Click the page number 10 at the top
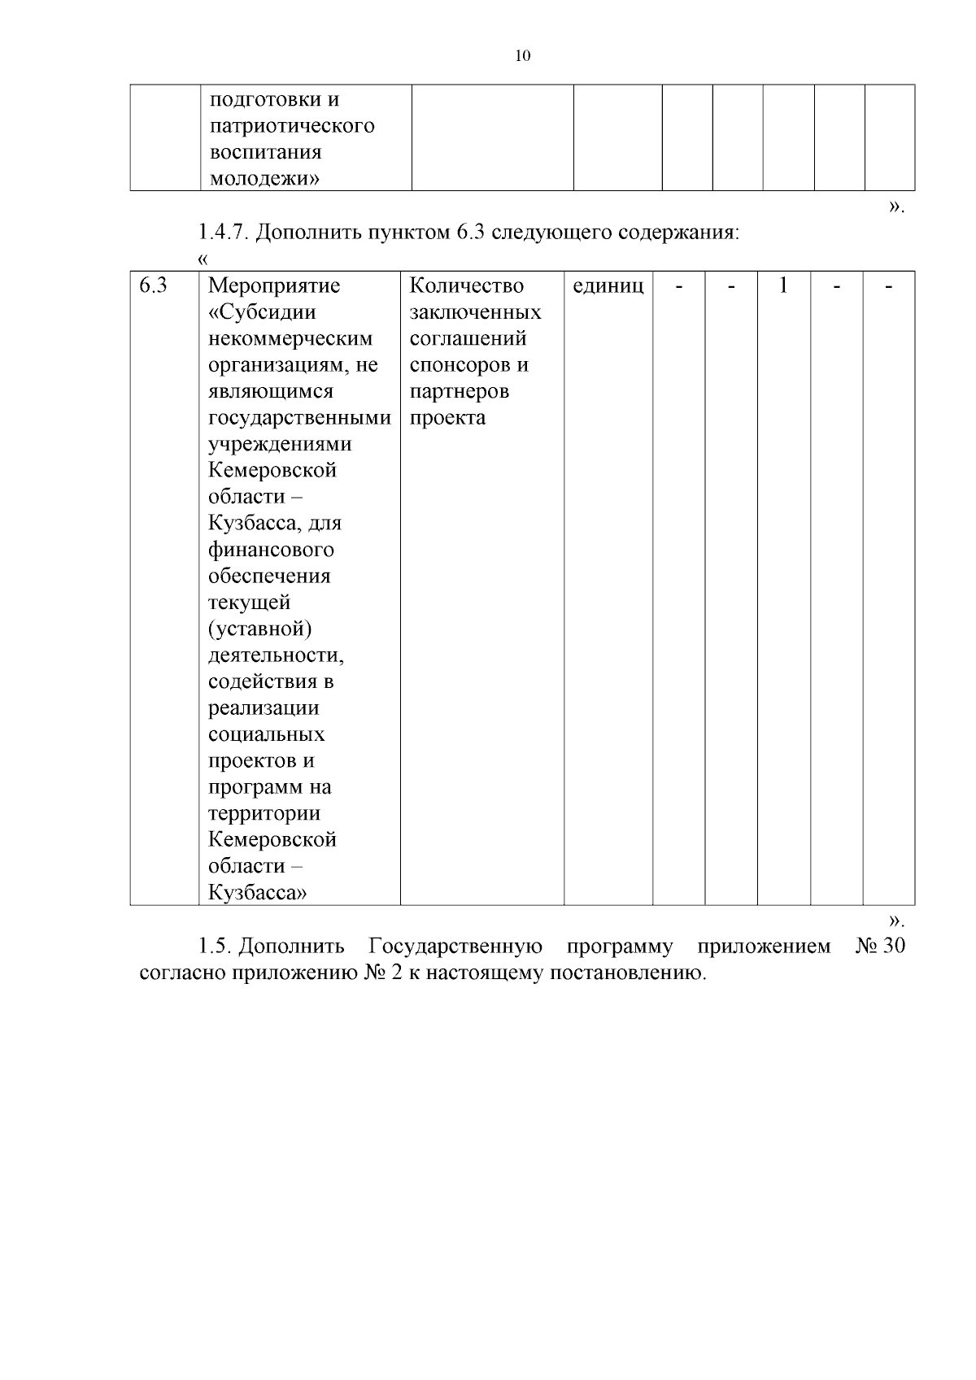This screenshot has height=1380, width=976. [x=523, y=56]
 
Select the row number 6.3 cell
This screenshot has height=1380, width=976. [x=153, y=285]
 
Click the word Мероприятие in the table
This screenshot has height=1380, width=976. [x=274, y=285]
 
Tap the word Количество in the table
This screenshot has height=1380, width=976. [x=466, y=285]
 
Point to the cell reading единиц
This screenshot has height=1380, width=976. [x=608, y=285]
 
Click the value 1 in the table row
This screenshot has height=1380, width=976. [x=783, y=285]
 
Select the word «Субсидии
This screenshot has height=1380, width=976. [x=262, y=312]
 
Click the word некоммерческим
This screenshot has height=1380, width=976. [x=290, y=338]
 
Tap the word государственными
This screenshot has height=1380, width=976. [x=299, y=418]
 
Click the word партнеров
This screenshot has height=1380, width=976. [x=460, y=391]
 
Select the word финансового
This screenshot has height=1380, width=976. [x=271, y=550]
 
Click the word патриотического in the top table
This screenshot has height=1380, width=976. [x=292, y=126]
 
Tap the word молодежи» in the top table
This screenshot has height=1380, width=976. [x=264, y=179]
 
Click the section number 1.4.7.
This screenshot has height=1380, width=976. [x=223, y=233]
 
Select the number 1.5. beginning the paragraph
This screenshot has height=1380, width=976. [x=216, y=947]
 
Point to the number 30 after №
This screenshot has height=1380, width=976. [x=892, y=947]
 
